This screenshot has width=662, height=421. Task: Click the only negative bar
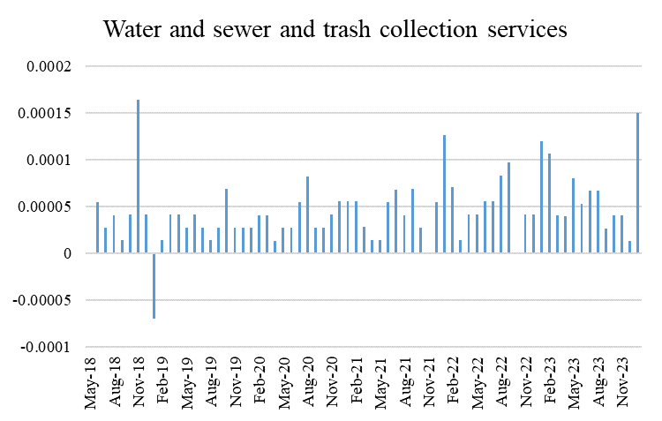click(154, 285)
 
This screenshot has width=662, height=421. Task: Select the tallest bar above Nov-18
click(138, 177)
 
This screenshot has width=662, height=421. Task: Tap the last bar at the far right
click(637, 184)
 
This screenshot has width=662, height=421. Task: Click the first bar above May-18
click(97, 228)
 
